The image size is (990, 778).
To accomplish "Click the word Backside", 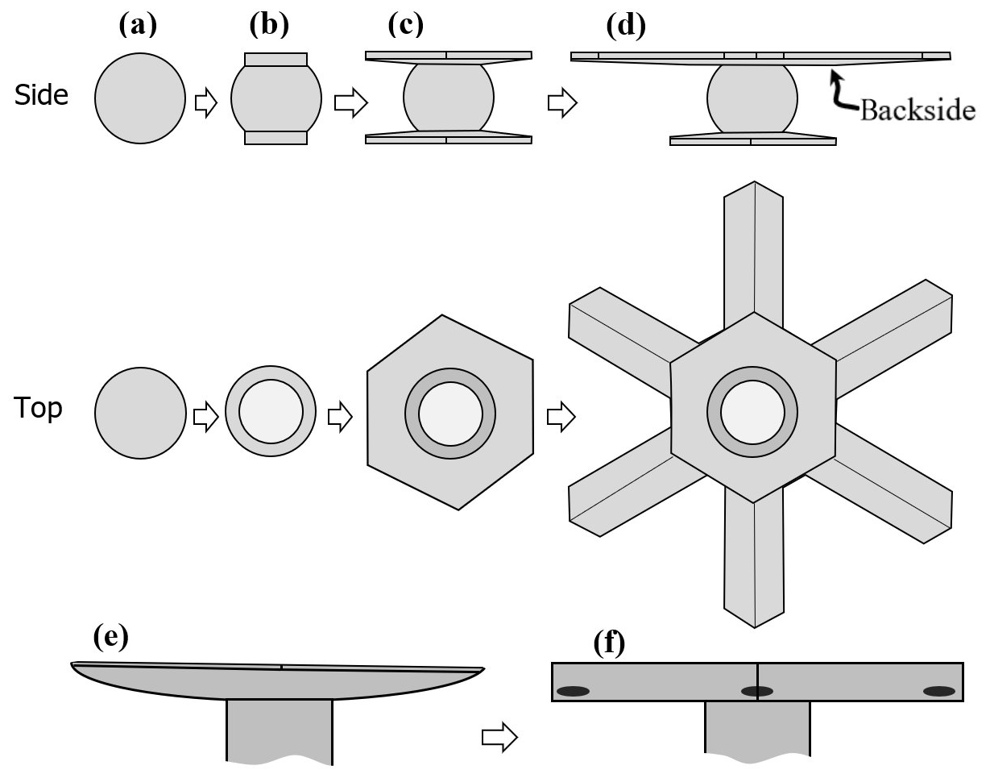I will coord(917,110).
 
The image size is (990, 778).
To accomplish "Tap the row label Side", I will coord(41,95).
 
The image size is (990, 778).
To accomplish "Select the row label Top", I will coord(38,409).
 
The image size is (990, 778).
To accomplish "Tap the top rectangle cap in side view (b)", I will coord(275,60).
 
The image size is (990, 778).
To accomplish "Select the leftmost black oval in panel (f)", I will coord(573,691).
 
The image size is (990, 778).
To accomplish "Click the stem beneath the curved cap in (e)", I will coord(279,730).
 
